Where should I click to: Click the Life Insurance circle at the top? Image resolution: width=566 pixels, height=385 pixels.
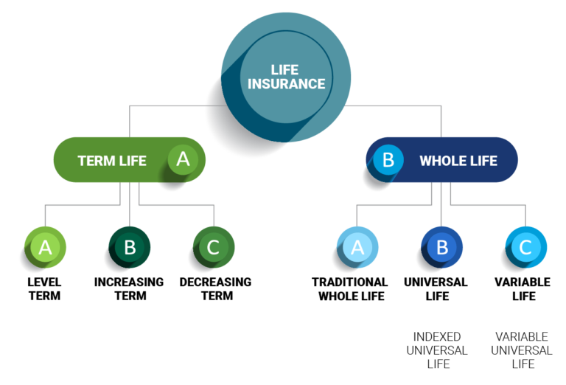coord(286,77)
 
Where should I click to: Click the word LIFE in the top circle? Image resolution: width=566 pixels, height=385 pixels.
coord(285,70)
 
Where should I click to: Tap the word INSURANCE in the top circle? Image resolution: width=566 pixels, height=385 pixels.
coord(286,84)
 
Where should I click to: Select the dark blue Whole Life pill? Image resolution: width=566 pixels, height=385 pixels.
coord(442,160)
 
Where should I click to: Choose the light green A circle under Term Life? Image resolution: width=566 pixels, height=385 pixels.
coord(46,247)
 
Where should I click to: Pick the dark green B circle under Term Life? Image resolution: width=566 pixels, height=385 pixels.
coord(130,247)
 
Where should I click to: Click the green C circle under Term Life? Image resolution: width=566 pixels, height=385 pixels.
coord(214,247)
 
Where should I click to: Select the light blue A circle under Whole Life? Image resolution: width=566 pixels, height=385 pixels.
coord(357,247)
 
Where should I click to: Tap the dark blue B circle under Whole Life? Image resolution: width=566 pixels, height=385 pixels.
coord(442,247)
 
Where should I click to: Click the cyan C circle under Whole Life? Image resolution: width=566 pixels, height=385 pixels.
coord(526,247)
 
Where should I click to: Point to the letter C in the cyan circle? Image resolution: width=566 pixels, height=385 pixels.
coord(526,247)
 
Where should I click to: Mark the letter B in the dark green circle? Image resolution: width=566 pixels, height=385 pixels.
coord(130,247)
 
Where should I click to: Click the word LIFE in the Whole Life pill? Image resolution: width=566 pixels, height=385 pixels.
coord(483,161)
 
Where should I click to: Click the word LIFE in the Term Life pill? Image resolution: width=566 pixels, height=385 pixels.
coord(132,161)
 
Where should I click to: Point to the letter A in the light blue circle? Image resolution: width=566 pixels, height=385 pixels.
coord(357,247)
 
